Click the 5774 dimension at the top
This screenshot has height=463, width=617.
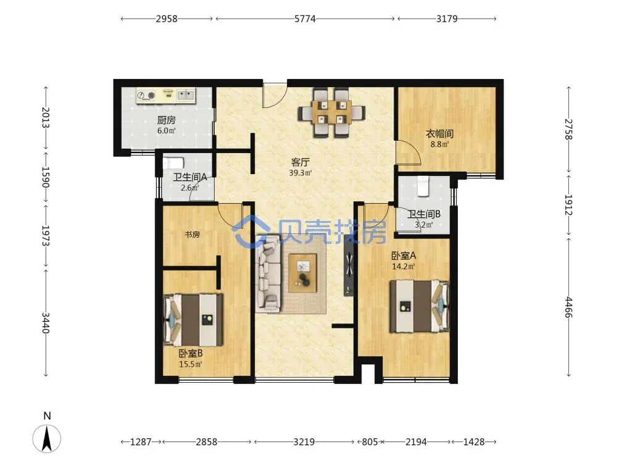(x=305, y=19)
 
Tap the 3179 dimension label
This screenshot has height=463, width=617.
(x=447, y=19)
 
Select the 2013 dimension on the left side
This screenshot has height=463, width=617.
(x=46, y=117)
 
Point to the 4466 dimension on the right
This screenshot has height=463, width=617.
(x=569, y=307)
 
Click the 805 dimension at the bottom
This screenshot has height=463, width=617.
(x=370, y=442)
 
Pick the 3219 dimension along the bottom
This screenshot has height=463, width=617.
(x=304, y=442)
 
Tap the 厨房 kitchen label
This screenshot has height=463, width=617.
(x=166, y=120)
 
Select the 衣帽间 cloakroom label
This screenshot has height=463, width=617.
(x=439, y=134)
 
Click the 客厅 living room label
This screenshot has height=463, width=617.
(x=300, y=162)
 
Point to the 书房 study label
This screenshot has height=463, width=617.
(x=193, y=235)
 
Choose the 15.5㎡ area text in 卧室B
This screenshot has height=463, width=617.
(x=191, y=364)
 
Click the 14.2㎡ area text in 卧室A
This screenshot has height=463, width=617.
(x=404, y=266)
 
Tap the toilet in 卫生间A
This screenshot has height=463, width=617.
(x=173, y=163)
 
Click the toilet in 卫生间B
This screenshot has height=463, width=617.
(x=423, y=186)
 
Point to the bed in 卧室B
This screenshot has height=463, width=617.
(x=193, y=320)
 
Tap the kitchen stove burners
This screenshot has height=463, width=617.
(x=146, y=95)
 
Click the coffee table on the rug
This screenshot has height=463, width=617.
(x=302, y=273)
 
